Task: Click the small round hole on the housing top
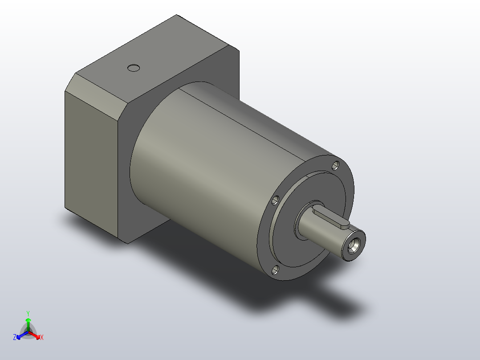[x=134, y=68]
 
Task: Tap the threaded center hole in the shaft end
[x=355, y=244]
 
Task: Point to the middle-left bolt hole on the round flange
[x=275, y=200]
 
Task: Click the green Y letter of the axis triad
[x=28, y=313]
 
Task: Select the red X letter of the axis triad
[x=42, y=338]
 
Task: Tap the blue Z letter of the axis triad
[x=15, y=338]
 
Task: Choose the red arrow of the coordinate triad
[x=36, y=335]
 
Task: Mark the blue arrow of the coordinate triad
[x=20, y=335]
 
